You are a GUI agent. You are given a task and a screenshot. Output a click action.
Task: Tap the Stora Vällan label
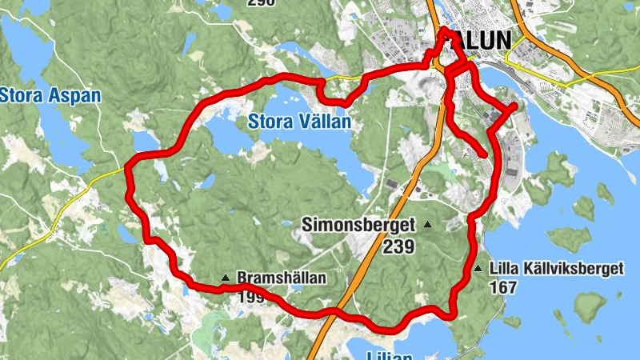coord(299,122)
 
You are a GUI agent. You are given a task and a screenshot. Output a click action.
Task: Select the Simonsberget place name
coord(358,226)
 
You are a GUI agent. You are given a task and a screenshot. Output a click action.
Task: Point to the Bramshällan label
coord(282,278)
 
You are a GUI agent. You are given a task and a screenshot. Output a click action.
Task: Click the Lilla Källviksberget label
coord(555,269)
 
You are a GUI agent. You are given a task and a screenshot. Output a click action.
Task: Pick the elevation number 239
coord(398,247)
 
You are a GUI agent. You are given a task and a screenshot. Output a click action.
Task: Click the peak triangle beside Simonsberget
coord(427,225)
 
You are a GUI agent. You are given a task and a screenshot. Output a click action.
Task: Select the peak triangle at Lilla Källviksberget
coord(478,269)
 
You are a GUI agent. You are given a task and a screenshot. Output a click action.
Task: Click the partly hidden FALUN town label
coord(478,39)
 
